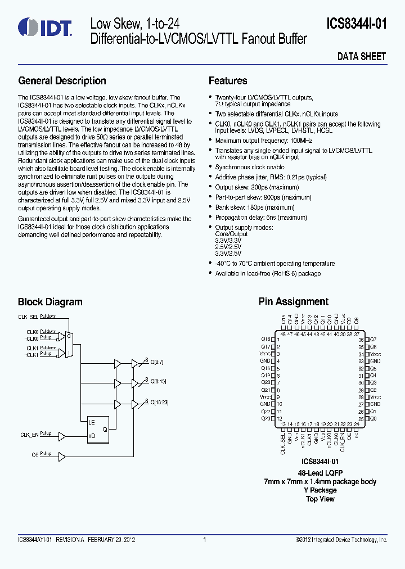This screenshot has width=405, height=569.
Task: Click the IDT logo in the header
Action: (44, 26)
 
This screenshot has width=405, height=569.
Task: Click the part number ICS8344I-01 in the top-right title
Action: (357, 24)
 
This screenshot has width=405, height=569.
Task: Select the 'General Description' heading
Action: (62, 81)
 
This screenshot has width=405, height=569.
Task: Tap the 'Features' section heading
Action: (228, 81)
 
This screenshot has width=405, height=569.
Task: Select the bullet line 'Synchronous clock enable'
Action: (250, 167)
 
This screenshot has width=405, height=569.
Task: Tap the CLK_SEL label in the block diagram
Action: (28, 317)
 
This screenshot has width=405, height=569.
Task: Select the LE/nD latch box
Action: (97, 429)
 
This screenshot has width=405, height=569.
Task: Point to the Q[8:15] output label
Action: (159, 382)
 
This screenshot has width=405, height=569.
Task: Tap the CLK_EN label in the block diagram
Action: (29, 435)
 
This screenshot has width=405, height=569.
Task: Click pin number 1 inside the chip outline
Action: (278, 340)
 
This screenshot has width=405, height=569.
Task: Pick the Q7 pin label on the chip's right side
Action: (373, 340)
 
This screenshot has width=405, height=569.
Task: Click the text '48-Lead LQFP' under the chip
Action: (320, 473)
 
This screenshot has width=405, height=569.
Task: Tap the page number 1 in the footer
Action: (204, 540)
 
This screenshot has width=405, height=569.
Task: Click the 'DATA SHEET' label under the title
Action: (361, 56)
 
